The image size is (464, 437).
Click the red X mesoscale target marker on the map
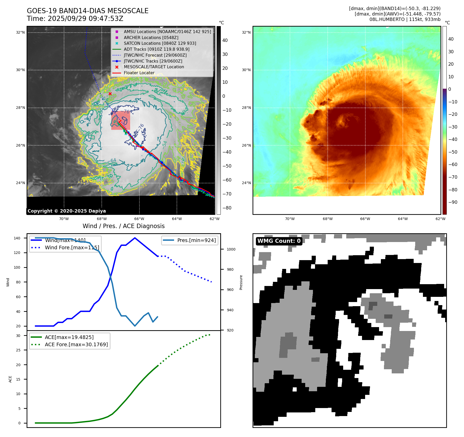[110, 94]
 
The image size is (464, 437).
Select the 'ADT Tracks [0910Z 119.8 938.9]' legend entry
[156, 49]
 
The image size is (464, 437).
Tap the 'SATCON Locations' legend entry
[160, 43]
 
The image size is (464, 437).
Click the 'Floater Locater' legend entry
[139, 73]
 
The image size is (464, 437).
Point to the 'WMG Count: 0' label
[279, 241]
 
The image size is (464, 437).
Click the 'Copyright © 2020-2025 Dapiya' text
[67, 211]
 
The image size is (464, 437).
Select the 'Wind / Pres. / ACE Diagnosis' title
[123, 226]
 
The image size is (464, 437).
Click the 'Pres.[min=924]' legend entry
[196, 240]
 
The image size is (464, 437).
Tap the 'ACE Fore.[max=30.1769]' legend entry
[76, 344]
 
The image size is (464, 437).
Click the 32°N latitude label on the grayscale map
[20, 33]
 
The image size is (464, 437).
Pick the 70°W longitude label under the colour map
[290, 219]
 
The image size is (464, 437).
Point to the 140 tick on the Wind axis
[17, 238]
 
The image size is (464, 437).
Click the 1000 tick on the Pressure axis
[231, 249]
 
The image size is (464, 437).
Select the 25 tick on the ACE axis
[18, 350]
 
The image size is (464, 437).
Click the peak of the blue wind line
[135, 238]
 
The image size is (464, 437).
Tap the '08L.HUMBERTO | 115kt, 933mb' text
[405, 19]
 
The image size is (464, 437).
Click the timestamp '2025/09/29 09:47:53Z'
[85, 19]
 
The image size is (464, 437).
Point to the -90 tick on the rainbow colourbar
[453, 202]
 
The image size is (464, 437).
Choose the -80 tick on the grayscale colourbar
[227, 208]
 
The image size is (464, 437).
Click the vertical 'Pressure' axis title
[241, 282]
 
